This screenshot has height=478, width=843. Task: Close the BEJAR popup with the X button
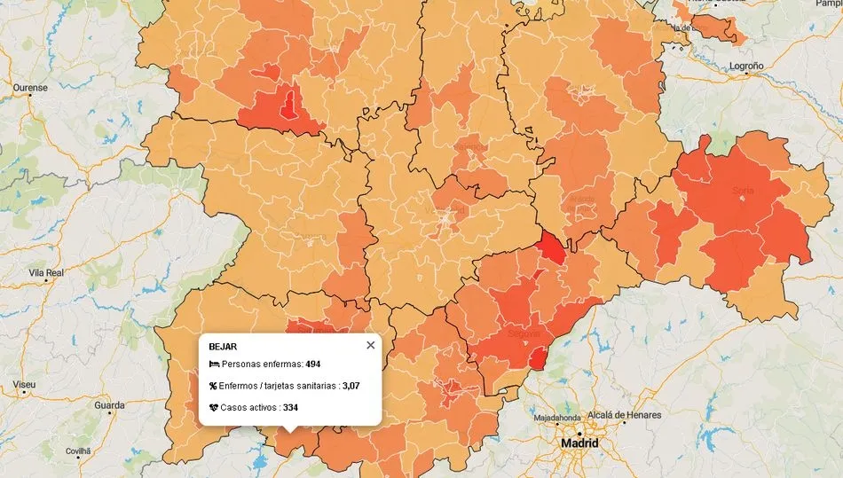[371, 345]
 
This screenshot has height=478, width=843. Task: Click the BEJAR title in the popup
[223, 347]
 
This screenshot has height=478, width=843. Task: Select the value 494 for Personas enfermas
[314, 364]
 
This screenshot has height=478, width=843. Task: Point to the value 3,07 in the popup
[351, 386]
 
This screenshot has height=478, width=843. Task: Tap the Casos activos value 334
[290, 407]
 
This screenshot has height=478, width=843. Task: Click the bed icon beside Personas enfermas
[214, 364]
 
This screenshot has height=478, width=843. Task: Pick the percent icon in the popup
[214, 386]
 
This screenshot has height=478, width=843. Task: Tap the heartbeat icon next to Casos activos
[214, 407]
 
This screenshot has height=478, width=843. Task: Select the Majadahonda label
[557, 418]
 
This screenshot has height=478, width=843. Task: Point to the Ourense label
[30, 88]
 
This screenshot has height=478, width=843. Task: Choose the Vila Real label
[46, 273]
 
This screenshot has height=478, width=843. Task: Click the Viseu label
[25, 385]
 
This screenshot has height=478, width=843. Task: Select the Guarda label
[109, 405]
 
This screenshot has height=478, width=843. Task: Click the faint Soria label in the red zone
[743, 190]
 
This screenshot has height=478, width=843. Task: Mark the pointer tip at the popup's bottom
[290, 432]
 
